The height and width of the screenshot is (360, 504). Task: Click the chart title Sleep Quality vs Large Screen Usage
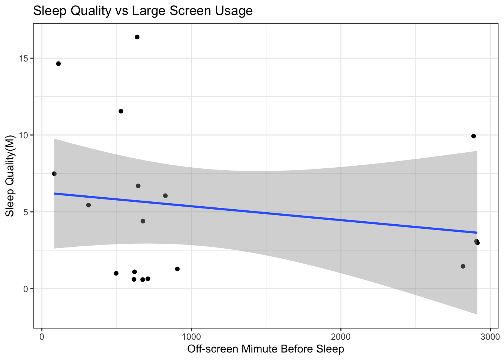(x=143, y=11)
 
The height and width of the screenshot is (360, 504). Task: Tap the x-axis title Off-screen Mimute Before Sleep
(x=265, y=349)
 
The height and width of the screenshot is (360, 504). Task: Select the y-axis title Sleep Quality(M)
(x=10, y=175)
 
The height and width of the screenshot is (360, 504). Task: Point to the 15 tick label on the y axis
(x=24, y=58)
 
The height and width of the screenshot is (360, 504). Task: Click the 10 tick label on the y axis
(x=24, y=135)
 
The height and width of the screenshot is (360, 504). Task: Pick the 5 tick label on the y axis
(x=26, y=212)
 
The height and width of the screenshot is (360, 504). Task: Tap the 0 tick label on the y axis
(x=26, y=289)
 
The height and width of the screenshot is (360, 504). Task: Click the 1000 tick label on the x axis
(x=191, y=336)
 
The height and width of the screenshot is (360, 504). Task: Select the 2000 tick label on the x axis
(x=340, y=336)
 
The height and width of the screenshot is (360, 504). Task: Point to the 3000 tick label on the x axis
(x=490, y=336)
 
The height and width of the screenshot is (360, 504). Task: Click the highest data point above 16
(x=137, y=37)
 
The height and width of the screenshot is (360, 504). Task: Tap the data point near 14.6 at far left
(x=58, y=64)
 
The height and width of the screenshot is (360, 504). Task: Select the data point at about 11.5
(x=121, y=111)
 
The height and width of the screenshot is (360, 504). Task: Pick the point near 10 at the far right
(x=474, y=136)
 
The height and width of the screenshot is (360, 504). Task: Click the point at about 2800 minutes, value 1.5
(x=463, y=266)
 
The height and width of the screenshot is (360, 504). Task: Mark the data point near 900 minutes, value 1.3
(x=177, y=269)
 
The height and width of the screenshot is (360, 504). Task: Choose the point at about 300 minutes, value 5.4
(x=88, y=205)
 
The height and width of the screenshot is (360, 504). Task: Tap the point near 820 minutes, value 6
(x=165, y=196)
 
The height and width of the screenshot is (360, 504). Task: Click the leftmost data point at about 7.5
(x=54, y=174)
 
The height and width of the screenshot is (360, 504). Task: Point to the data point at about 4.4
(x=143, y=221)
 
